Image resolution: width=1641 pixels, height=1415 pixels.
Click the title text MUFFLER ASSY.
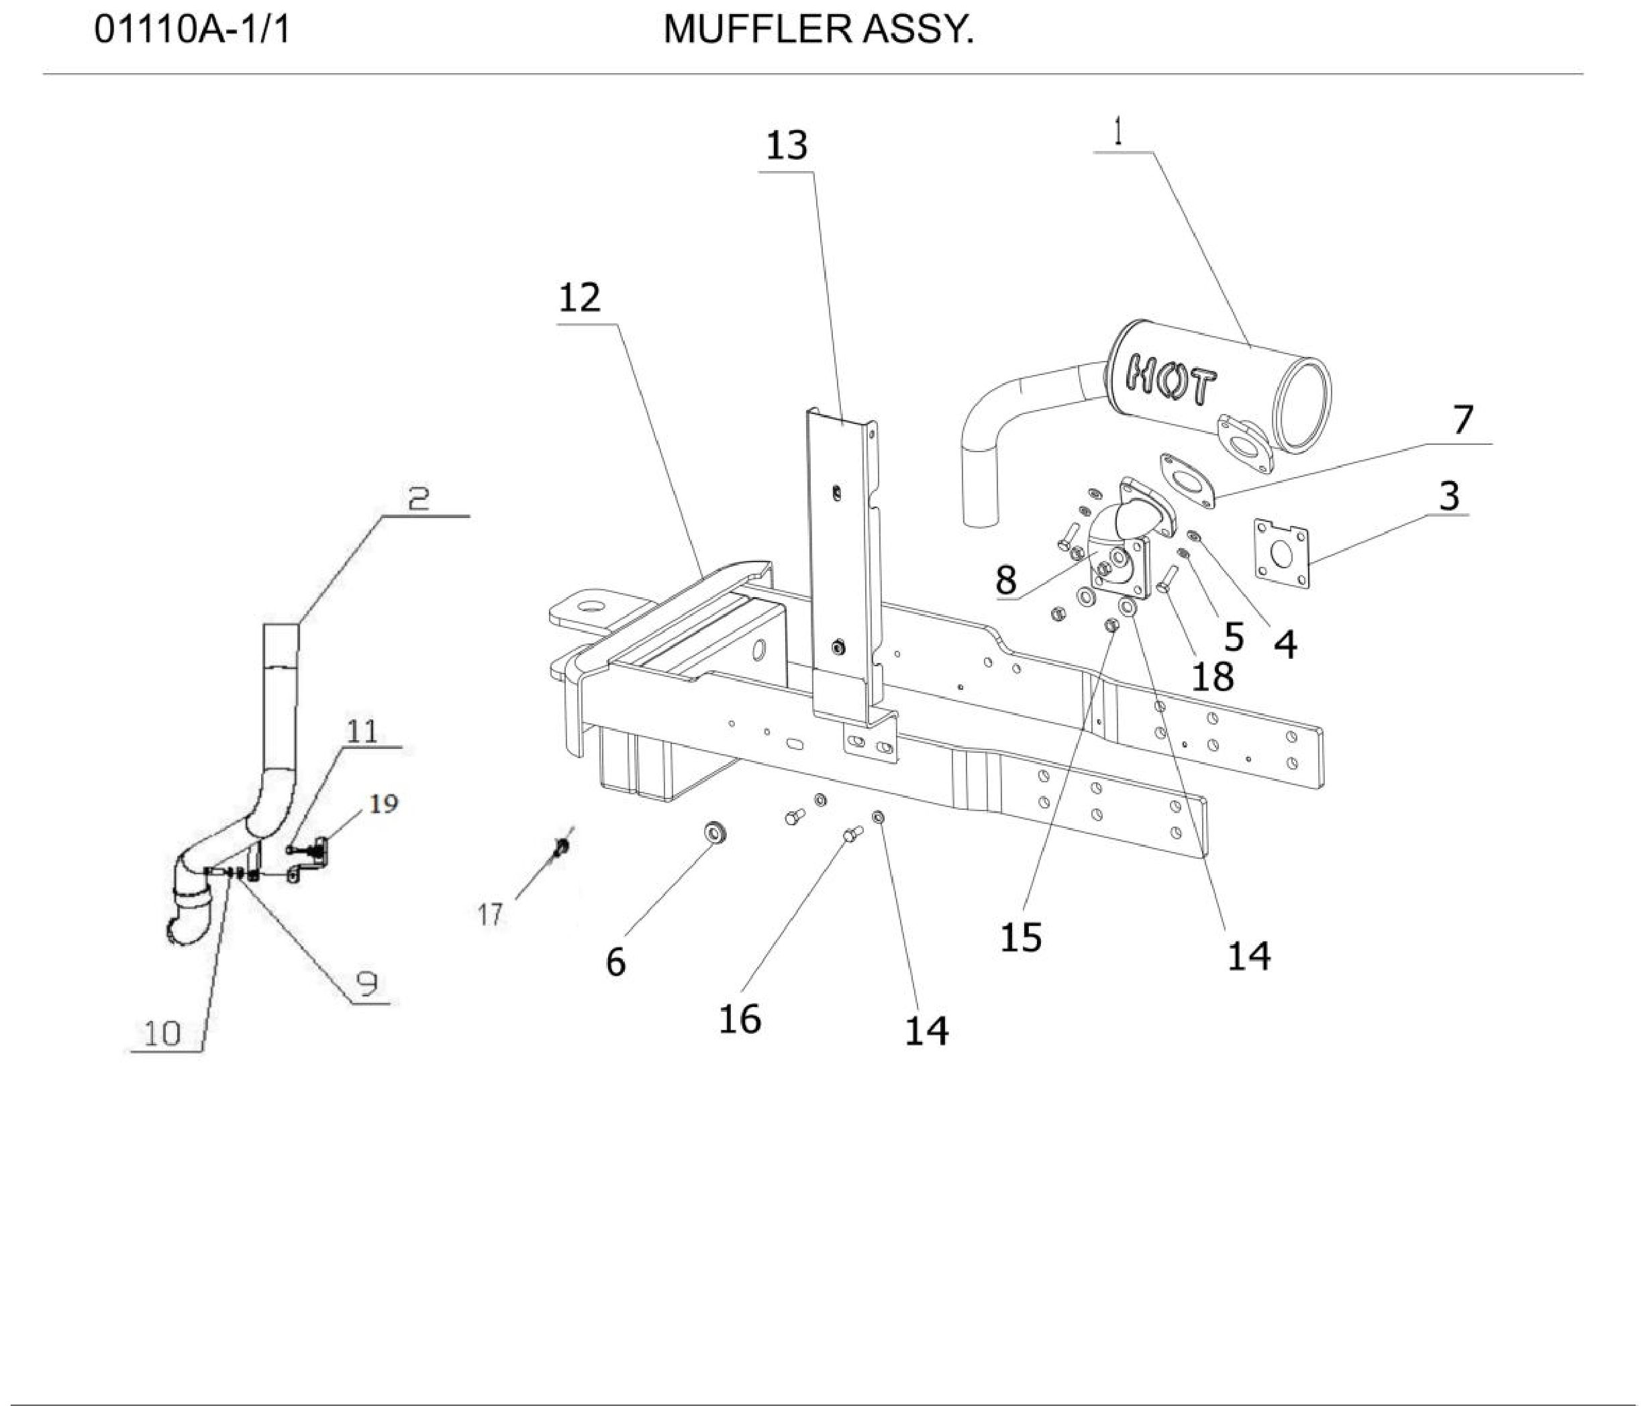click(x=818, y=31)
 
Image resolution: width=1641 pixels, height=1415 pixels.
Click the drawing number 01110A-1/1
click(x=193, y=31)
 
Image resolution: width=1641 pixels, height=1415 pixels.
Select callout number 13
click(x=787, y=146)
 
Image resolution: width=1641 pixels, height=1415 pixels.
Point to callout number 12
click(x=580, y=298)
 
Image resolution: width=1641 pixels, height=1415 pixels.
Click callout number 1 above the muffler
click(x=1117, y=132)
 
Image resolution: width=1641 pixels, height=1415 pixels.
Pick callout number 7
click(x=1462, y=420)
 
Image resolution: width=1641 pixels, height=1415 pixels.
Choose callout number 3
click(x=1448, y=496)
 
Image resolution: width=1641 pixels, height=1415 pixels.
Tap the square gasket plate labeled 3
click(x=1281, y=555)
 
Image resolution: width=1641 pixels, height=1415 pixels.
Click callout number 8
click(x=1006, y=580)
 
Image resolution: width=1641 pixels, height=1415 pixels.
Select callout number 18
click(x=1211, y=676)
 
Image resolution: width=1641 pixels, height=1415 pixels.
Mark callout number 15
click(x=1021, y=937)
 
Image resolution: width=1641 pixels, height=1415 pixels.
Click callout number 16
click(x=740, y=1018)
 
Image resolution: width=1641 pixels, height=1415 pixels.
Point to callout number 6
click(x=615, y=962)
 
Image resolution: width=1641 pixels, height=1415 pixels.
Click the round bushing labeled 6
click(x=715, y=834)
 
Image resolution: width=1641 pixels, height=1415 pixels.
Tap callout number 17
click(x=490, y=914)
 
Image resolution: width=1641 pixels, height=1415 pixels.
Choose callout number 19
click(x=383, y=803)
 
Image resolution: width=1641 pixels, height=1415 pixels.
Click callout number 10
click(x=163, y=1033)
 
